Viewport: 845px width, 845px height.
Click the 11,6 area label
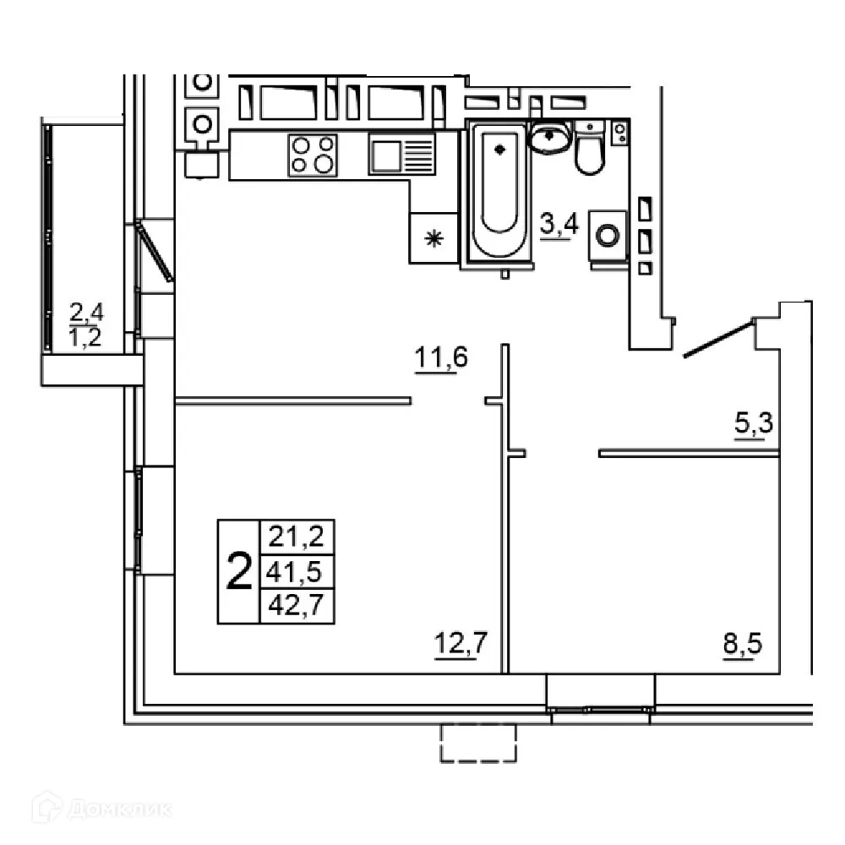pyautogui.click(x=440, y=360)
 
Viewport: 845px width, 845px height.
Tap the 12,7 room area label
pyautogui.click(x=461, y=645)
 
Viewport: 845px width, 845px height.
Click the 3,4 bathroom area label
pyautogui.click(x=557, y=226)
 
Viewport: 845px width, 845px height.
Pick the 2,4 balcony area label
pyautogui.click(x=87, y=315)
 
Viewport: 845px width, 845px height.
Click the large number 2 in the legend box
pyautogui.click(x=239, y=572)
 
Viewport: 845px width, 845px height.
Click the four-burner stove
pyautogui.click(x=313, y=155)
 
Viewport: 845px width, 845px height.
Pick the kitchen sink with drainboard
pyautogui.click(x=401, y=155)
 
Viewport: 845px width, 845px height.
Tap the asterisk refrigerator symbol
pyautogui.click(x=434, y=239)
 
